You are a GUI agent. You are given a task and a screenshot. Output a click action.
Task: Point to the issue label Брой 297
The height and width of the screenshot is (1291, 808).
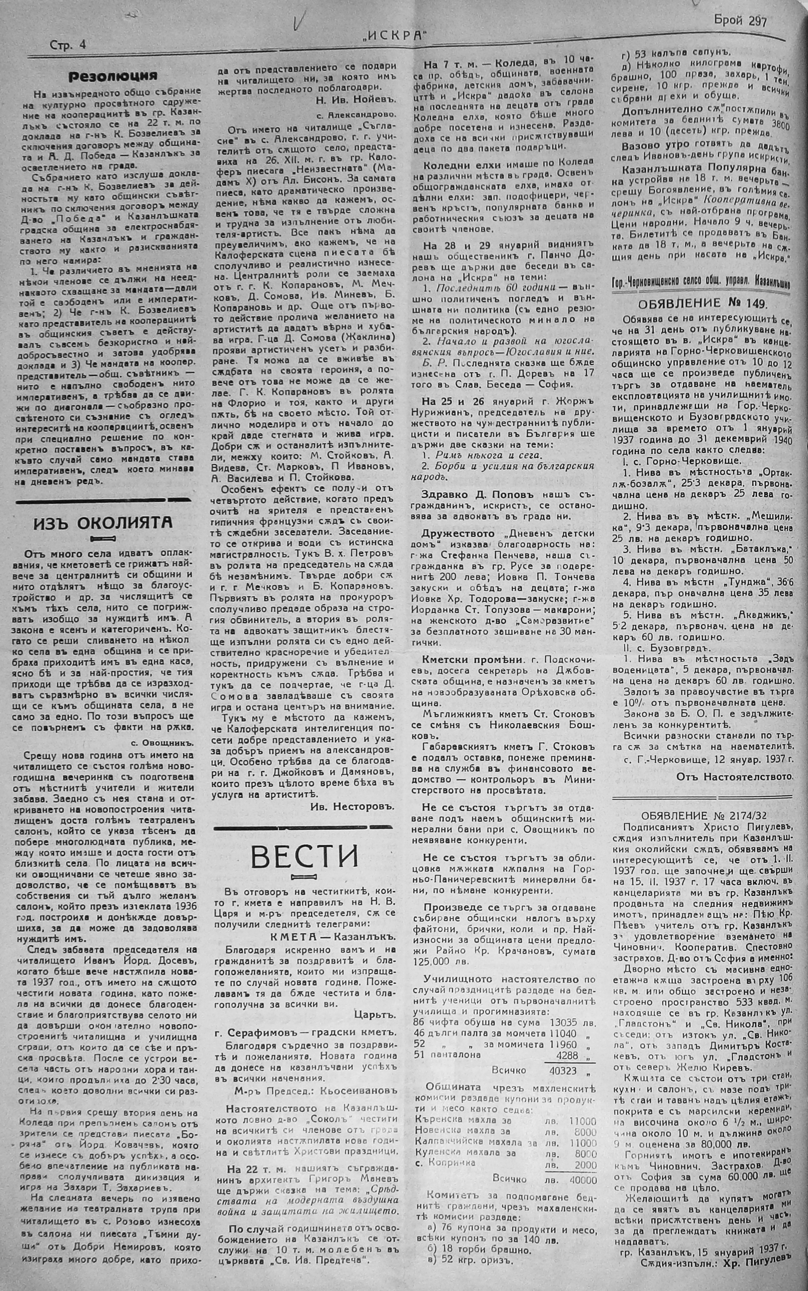tap(740, 21)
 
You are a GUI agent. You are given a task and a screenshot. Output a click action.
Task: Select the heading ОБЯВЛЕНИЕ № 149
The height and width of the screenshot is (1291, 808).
tap(703, 303)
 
